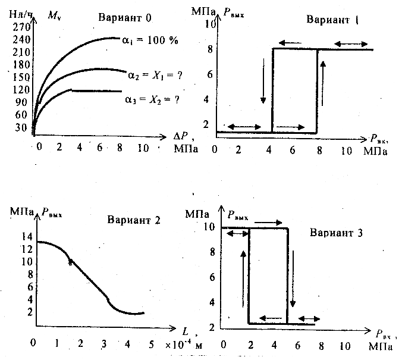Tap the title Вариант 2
tap(134, 220)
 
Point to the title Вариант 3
tap(336, 231)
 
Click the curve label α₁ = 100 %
tap(152, 41)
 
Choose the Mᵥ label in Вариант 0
tap(54, 14)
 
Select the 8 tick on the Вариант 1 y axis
tap(208, 49)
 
